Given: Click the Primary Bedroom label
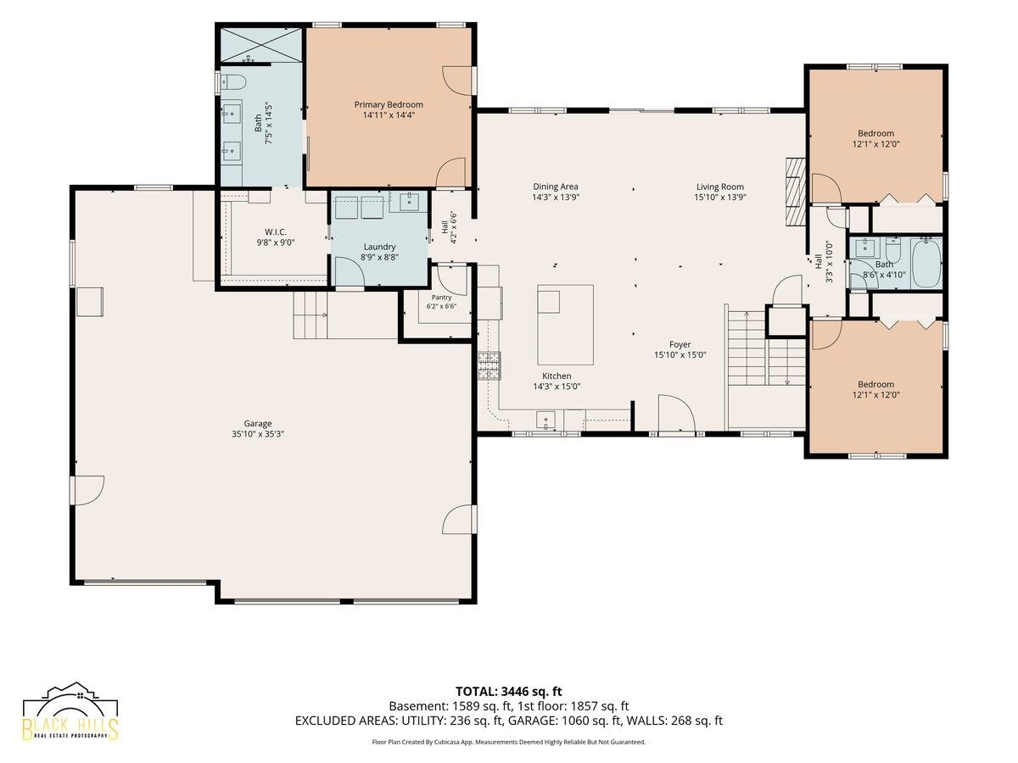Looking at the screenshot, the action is (389, 104).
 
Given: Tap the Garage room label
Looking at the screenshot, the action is (257, 423).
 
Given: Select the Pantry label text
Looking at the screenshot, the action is (441, 298).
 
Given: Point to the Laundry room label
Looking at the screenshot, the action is (379, 247).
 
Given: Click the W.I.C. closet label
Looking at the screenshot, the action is (276, 232).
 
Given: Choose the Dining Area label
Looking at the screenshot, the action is (555, 187).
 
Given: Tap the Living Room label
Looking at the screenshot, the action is (719, 187).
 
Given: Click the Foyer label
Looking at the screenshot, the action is (680, 345).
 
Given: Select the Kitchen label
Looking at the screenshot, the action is (557, 376).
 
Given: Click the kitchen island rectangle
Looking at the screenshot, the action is (565, 325).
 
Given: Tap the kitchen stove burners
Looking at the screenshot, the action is (489, 365).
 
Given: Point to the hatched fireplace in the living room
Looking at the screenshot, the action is (795, 192).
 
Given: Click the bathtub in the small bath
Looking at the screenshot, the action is (926, 263).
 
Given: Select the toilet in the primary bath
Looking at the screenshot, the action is (232, 83).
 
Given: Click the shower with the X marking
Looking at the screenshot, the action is (260, 45).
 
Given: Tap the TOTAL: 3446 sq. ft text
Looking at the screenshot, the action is (509, 692).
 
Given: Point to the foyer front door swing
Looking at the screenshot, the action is (676, 413).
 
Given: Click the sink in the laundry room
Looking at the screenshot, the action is (409, 202).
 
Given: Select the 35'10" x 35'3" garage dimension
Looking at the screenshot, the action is (257, 434).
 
